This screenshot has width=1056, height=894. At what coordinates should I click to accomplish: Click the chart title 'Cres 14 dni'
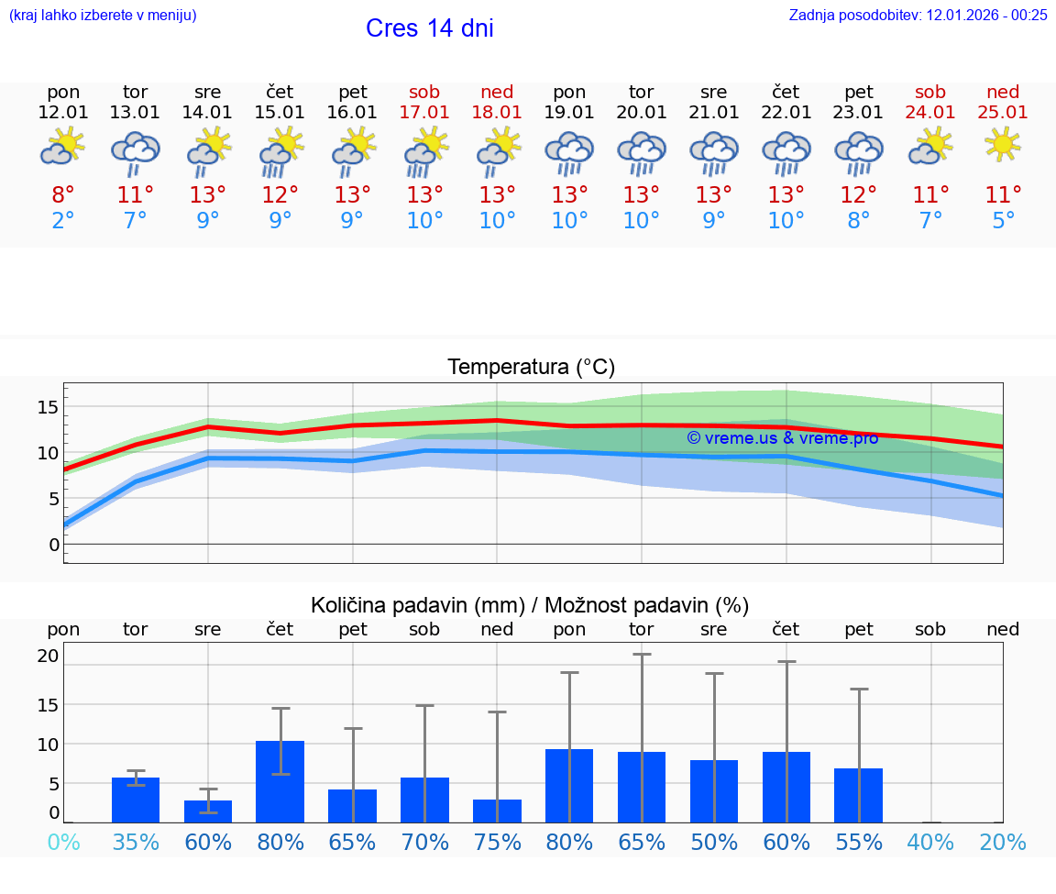pos(429,28)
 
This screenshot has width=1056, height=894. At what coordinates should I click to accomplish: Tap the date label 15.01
pos(280,113)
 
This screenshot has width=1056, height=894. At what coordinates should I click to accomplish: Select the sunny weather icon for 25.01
pos(1003,144)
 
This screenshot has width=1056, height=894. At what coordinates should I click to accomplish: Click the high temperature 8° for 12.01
pos(63,195)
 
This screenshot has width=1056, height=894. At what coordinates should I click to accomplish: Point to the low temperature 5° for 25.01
pos(1003,221)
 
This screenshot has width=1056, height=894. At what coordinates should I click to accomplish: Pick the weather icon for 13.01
pos(136,152)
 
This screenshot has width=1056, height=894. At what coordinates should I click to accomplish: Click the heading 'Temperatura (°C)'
pos(531,368)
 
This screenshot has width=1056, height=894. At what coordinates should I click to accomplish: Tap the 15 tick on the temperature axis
pos(49,406)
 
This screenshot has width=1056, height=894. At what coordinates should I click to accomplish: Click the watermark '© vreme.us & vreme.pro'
pos(782,438)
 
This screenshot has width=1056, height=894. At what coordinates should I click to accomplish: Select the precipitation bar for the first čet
pos(280,781)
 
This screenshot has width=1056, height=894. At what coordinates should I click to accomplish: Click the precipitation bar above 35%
pos(136,800)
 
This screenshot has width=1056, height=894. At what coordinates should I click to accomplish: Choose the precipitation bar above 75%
pos(497,811)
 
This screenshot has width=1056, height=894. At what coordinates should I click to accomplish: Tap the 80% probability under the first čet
pos(280,842)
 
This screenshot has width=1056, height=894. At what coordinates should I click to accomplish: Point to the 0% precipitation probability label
pos(63,842)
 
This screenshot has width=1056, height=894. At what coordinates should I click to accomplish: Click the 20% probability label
pos(1003,842)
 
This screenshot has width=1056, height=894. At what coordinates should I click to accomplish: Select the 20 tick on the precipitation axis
pos(49,656)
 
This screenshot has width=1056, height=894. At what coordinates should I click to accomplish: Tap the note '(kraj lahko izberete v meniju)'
pos(102,16)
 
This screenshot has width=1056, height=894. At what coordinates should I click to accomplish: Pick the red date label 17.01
pos(424,113)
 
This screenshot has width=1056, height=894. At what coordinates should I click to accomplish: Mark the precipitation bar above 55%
pos(859,795)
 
